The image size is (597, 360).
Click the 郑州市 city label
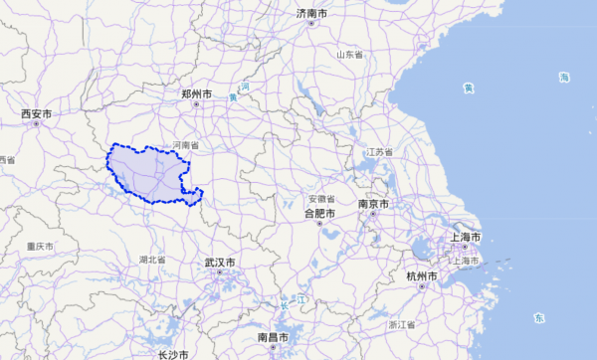(196, 93)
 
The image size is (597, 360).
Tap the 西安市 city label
(36, 114)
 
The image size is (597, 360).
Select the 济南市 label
(311, 13)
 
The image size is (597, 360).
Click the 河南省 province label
(185, 145)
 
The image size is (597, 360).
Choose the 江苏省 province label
(380, 152)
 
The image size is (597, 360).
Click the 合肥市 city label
(319, 213)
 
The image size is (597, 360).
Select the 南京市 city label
(374, 205)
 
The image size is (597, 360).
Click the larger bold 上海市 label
(465, 239)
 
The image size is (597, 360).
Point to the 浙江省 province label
(402, 324)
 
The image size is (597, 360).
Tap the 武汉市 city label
(220, 263)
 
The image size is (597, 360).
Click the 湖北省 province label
(151, 260)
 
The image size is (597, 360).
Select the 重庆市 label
(40, 246)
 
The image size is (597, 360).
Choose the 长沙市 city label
(172, 354)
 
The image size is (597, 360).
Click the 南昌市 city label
(274, 337)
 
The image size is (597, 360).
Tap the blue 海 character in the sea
(563, 78)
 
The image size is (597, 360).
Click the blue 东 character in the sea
(538, 318)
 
